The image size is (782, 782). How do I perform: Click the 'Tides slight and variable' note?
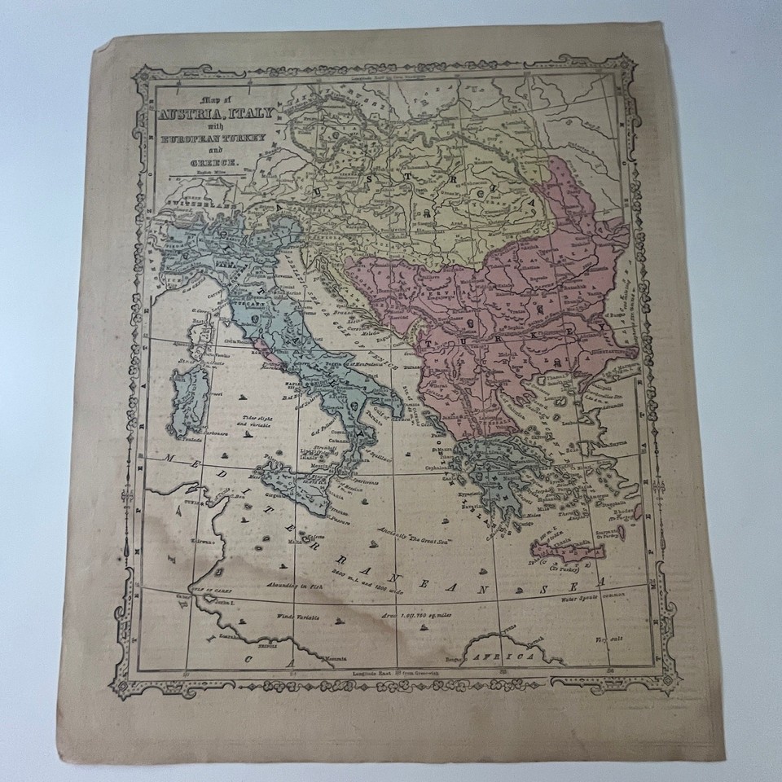(x=246, y=423)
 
